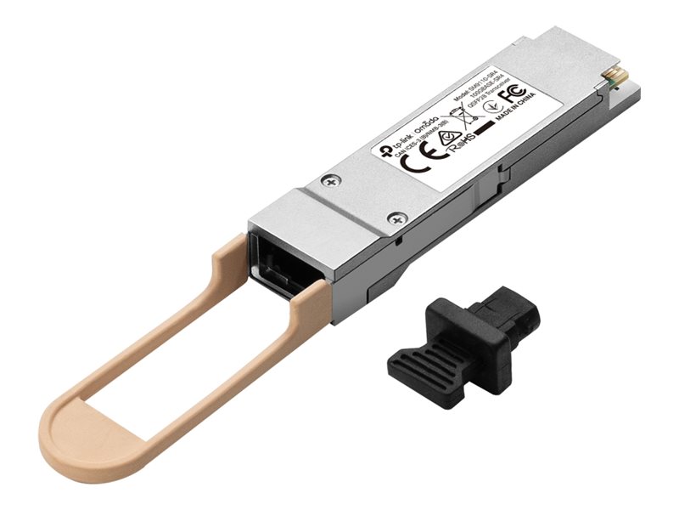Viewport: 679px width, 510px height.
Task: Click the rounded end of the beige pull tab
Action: click(68, 426)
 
